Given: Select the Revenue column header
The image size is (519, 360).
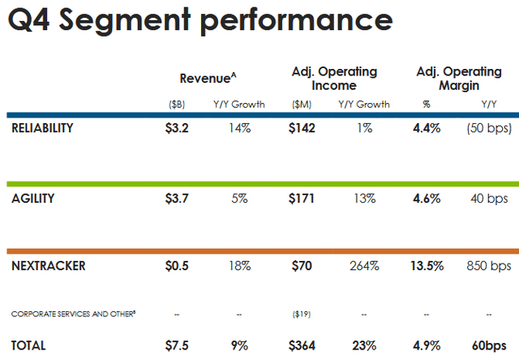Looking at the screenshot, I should tap(208, 79).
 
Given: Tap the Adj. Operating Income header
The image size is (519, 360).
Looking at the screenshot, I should tap(334, 79).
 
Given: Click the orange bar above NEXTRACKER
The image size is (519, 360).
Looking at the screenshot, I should tap(259, 251).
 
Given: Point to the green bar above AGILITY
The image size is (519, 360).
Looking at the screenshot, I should tap(259, 183).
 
